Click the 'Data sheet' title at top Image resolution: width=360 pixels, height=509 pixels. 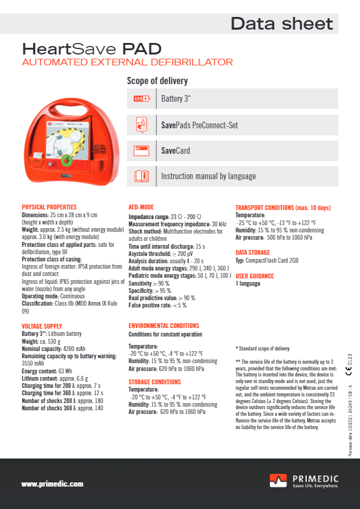[x=281, y=24]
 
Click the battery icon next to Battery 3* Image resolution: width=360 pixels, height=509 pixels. [x=141, y=98]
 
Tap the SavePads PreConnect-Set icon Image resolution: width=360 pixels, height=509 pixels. [x=141, y=125]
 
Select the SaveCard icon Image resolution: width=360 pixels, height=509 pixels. [x=141, y=150]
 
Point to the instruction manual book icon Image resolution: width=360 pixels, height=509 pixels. [x=141, y=176]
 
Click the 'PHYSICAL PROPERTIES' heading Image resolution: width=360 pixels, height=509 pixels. [x=49, y=207]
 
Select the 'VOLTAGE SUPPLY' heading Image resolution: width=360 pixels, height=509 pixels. [x=42, y=326]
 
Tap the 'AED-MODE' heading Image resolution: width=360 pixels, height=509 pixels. [x=141, y=207]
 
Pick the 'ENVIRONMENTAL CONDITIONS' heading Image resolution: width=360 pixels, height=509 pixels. [x=163, y=326]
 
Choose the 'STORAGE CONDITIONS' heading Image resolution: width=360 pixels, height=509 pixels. [x=154, y=382]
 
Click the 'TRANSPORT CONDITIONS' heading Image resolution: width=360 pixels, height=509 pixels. [x=283, y=208]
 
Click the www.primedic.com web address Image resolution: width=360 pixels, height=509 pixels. [x=52, y=484]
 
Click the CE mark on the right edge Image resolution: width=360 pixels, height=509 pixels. [x=350, y=372]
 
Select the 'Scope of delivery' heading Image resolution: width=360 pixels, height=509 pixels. [x=157, y=81]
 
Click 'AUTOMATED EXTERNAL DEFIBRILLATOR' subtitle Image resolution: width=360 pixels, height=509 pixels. [x=127, y=62]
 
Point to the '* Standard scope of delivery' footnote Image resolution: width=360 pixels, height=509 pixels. [x=262, y=348]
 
